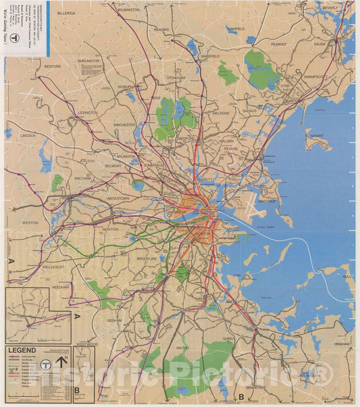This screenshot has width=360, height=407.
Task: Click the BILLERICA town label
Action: tap(66, 13)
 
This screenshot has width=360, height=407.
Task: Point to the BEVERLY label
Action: tap(330, 8)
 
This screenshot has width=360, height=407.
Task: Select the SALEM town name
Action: tap(319, 43)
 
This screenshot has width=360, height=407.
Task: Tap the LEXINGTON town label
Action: tap(88, 112)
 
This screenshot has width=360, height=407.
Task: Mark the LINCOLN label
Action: tap(28, 135)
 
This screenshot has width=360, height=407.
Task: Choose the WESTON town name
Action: tap(30, 222)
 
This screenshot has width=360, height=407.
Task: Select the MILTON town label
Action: tap(182, 348)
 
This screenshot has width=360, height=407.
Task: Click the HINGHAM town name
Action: tap(342, 343)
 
